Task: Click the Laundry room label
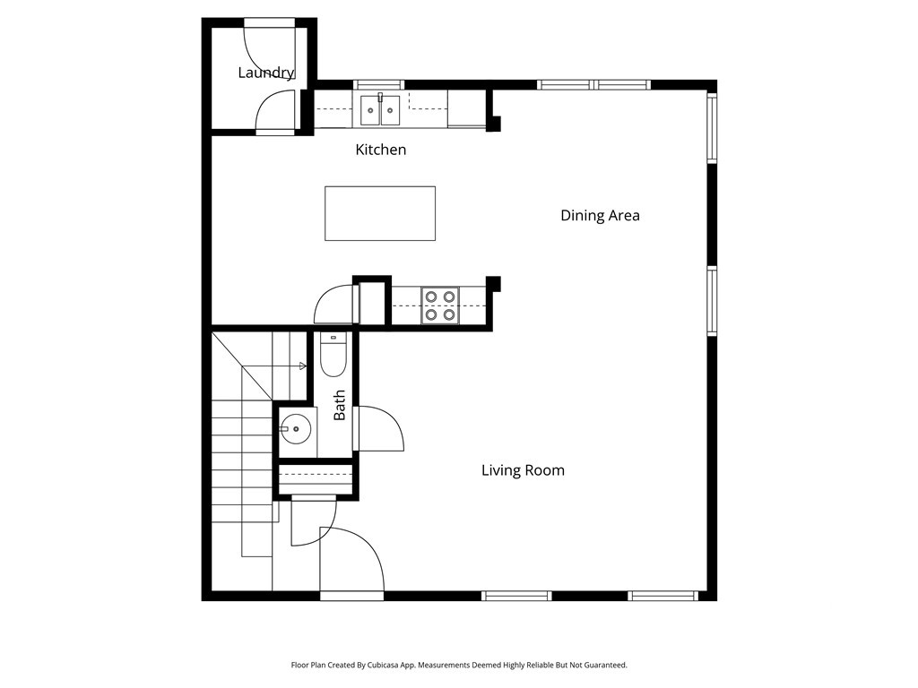point(265,73)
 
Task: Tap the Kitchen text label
point(381,150)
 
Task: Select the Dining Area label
point(600,215)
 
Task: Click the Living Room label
point(523,470)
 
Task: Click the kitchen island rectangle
point(380,213)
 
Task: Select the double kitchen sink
point(381,110)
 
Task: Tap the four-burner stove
point(440,305)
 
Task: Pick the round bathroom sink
point(295,429)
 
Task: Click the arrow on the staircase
point(302,365)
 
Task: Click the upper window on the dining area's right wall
point(712,127)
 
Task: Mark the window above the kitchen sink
point(379,85)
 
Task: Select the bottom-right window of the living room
point(663,595)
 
